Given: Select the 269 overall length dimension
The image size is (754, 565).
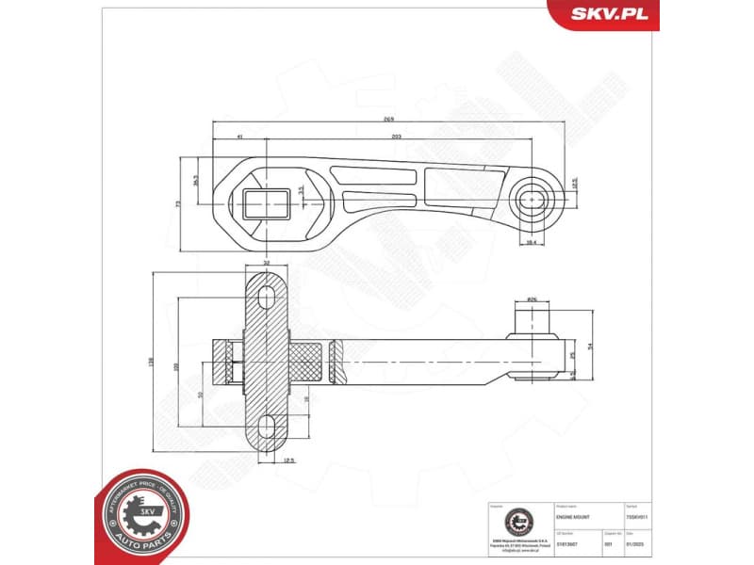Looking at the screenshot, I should [387, 120].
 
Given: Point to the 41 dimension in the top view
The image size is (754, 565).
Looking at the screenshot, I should [240, 137].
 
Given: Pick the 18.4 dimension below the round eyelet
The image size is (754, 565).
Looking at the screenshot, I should [530, 243].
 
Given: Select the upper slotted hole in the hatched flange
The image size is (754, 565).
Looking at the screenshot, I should [267, 295].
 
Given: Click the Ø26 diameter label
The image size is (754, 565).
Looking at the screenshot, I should [532, 300].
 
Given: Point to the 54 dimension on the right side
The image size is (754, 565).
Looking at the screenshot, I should [591, 347].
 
